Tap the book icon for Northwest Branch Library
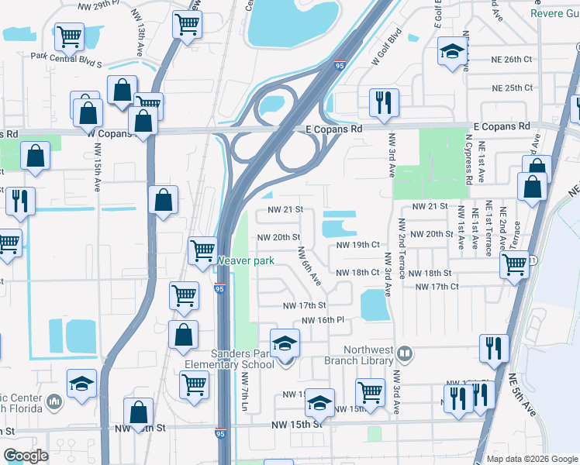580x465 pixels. [403, 354]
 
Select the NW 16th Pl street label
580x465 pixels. [323, 320]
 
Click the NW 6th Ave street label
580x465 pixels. [310, 266]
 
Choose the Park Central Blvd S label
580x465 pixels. [66, 56]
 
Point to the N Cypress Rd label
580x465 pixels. [469, 160]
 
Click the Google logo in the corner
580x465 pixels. [26, 456]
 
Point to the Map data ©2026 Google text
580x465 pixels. [531, 459]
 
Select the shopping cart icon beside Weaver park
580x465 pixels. [202, 250]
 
